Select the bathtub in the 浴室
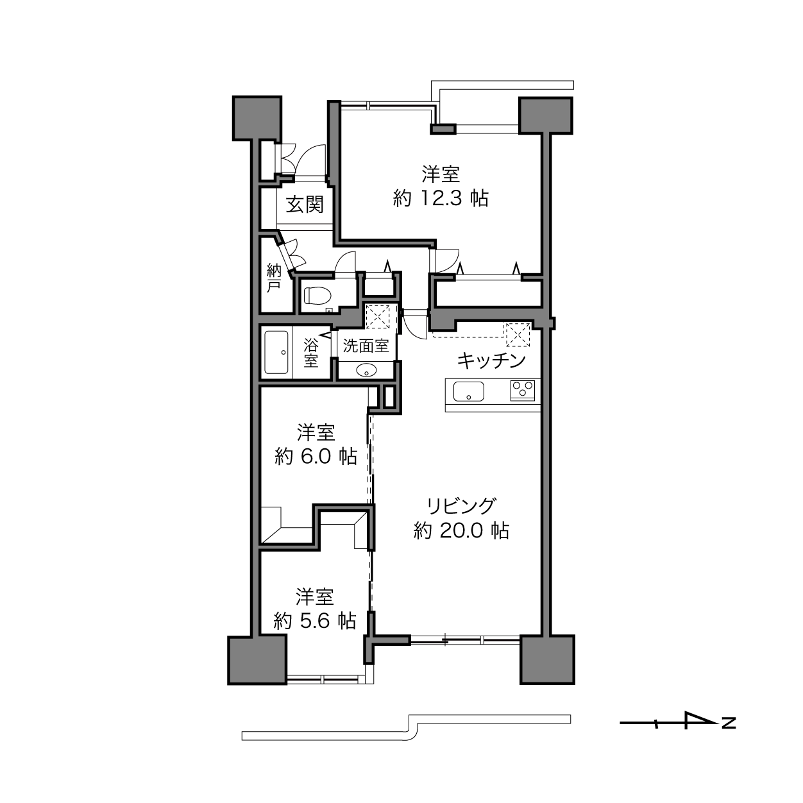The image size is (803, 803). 276,352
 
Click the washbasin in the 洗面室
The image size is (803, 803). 367,369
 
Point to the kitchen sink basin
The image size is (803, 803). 469,391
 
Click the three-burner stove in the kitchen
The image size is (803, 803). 523,391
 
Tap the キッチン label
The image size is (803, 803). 491,360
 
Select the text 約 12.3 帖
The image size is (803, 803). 441,198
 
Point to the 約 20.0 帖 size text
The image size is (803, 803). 461,531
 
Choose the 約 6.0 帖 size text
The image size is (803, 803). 316,457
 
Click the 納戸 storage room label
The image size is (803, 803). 274,278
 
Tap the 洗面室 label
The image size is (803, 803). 366,346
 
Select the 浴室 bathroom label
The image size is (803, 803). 311,353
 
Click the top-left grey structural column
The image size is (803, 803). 257,118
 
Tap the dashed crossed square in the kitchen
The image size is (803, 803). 518,334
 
